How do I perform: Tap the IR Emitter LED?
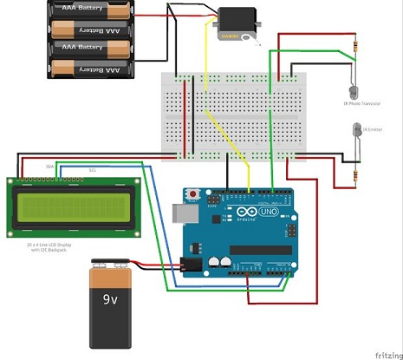click(x=354, y=131)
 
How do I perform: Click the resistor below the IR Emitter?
click(x=355, y=176)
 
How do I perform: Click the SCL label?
click(x=92, y=171)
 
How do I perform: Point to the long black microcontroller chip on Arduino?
click(x=259, y=264)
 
